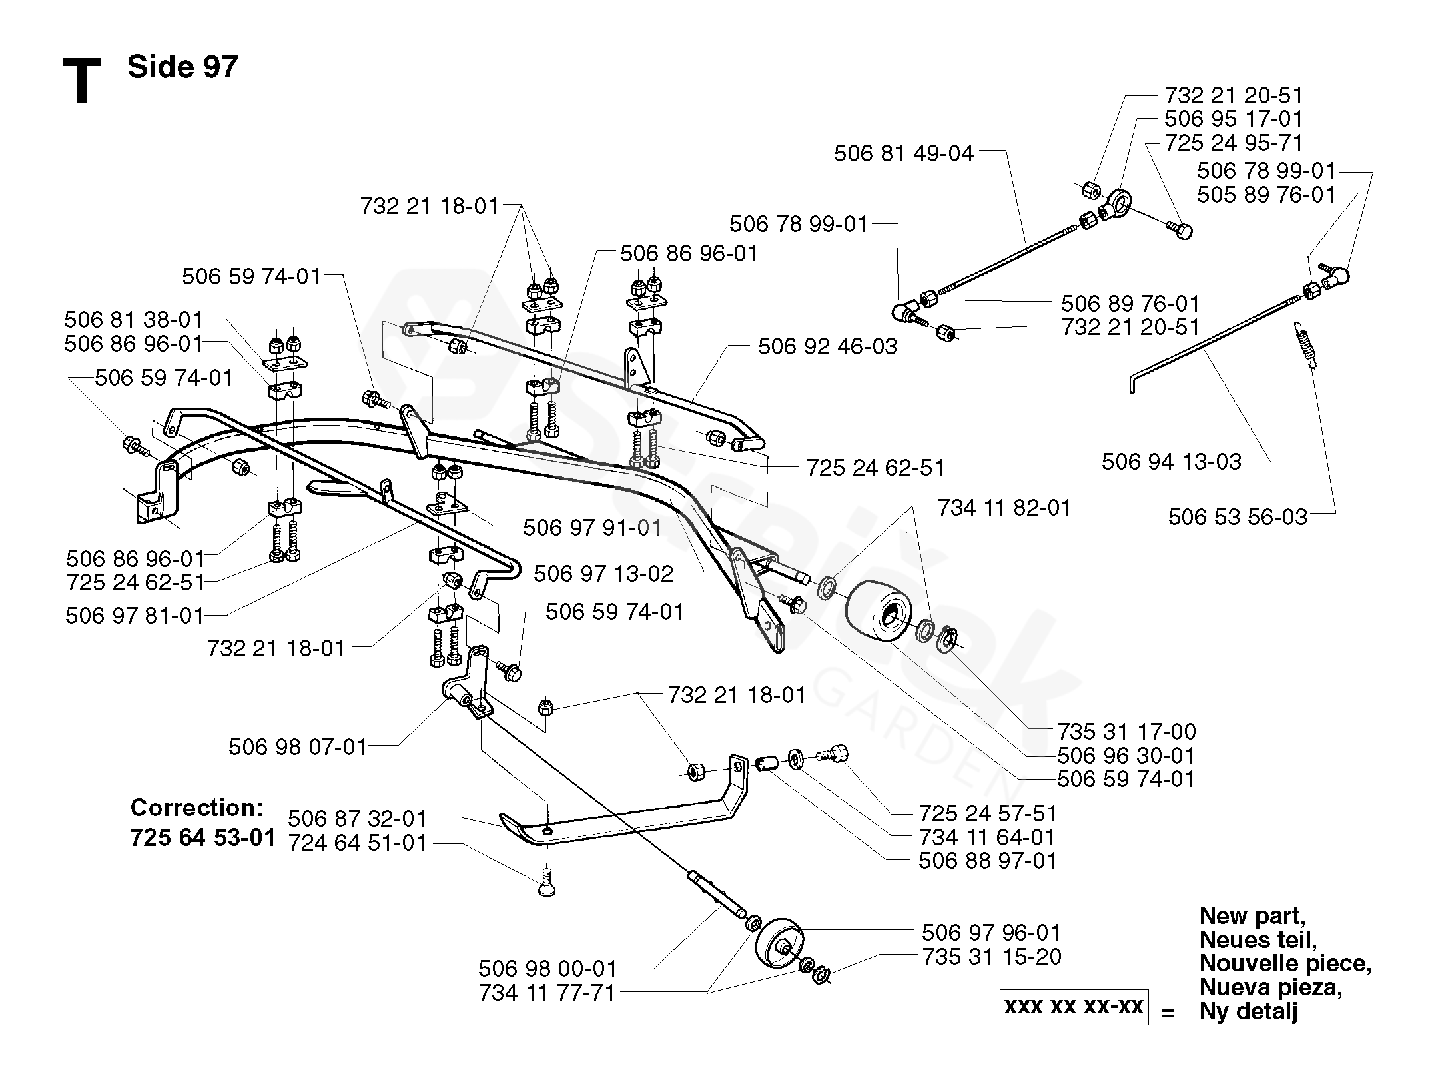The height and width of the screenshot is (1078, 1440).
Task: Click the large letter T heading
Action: click(81, 81)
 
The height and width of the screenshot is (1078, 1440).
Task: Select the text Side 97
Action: click(182, 67)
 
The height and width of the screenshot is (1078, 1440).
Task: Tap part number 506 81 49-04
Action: click(903, 154)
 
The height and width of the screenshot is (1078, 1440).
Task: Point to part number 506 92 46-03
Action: click(827, 346)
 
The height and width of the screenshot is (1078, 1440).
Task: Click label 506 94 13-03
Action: click(1171, 462)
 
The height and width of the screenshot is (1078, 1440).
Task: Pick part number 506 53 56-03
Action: click(1238, 517)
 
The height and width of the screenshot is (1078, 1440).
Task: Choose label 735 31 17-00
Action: click(1126, 732)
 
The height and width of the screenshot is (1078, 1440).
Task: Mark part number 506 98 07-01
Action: click(298, 748)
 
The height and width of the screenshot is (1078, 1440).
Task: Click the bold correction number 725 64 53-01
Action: click(203, 837)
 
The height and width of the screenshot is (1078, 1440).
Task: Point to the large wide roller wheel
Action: click(881, 612)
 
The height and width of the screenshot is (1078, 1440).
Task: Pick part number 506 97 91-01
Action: click(591, 528)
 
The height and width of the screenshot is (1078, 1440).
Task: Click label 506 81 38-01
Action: click(133, 320)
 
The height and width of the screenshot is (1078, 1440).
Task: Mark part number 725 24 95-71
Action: click(1234, 143)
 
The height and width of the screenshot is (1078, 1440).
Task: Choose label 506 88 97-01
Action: click(987, 861)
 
